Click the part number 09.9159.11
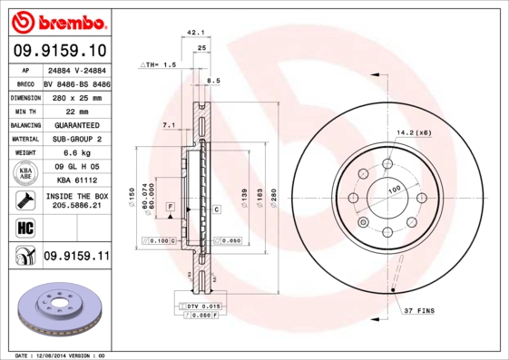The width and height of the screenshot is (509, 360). pyautogui.click(x=76, y=257)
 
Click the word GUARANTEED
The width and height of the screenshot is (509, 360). pyautogui.click(x=73, y=124)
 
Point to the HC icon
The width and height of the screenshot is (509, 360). pyautogui.click(x=24, y=227)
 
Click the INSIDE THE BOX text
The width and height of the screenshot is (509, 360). pyautogui.click(x=76, y=195)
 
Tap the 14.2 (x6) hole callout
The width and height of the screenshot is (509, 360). pyautogui.click(x=413, y=132)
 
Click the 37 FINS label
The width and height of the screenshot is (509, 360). pyautogui.click(x=418, y=311)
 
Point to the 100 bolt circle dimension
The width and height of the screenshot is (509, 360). pyautogui.click(x=395, y=189)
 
